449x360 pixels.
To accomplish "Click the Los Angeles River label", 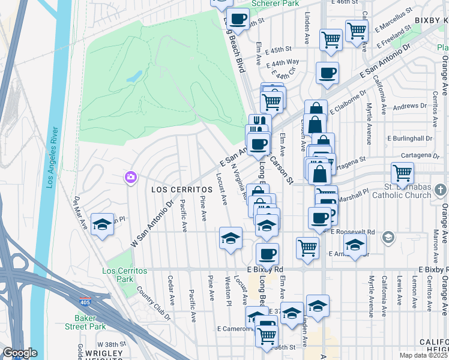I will tap(52, 157).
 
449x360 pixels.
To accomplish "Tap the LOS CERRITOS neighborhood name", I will tap(174, 189).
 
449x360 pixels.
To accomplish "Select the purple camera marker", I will tap(130, 177).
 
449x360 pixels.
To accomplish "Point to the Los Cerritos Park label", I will tap(125, 275).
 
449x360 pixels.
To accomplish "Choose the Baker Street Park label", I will tap(90, 322).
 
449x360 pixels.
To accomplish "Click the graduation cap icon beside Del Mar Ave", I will tap(103, 224).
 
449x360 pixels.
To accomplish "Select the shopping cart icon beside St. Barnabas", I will tap(402, 173).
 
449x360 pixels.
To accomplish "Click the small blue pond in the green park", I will tap(134, 76).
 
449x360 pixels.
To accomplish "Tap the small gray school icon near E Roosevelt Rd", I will tap(388, 238).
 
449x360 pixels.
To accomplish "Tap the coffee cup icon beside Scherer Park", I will tap(238, 19).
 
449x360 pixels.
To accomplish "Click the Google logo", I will tap(20, 353).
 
